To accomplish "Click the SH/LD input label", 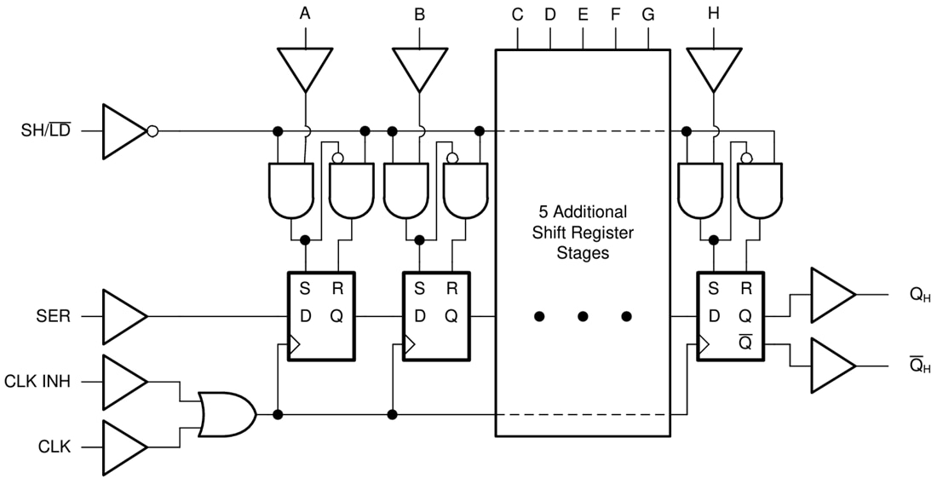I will (x=47, y=131).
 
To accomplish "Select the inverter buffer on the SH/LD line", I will (x=125, y=131).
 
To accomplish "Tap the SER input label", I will (x=52, y=316).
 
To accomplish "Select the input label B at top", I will (x=419, y=14).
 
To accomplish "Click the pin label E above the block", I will (x=583, y=14).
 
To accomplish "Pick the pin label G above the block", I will (x=648, y=14).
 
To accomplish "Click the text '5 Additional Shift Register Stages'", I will (x=583, y=232).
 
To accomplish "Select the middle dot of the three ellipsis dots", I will (x=583, y=316).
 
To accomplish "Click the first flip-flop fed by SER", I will (x=320, y=316).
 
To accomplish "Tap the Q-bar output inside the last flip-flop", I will (x=745, y=343).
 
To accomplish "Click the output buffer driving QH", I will (x=831, y=295).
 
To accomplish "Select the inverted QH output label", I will (x=920, y=366).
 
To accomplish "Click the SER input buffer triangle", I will (x=124, y=316).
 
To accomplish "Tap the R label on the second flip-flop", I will (x=451, y=289).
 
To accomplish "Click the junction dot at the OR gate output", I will (x=278, y=414).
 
